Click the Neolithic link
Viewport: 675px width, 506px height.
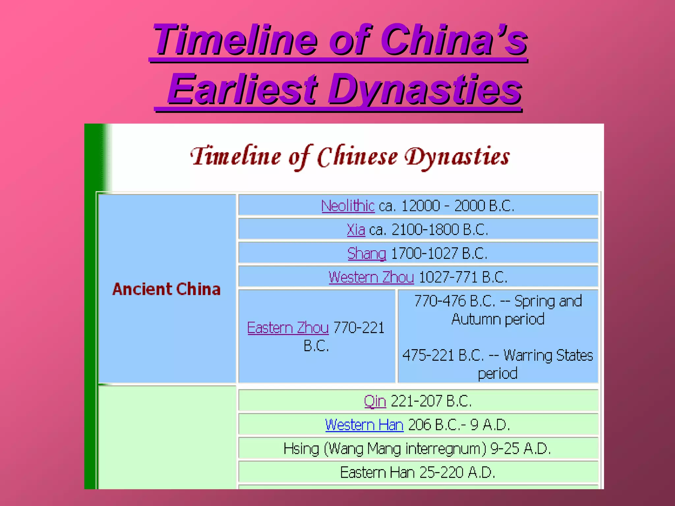pyautogui.click(x=348, y=206)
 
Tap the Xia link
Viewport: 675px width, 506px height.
pyautogui.click(x=356, y=230)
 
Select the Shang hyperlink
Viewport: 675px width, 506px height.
pyautogui.click(x=367, y=254)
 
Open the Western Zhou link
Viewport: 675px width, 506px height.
pyautogui.click(x=371, y=277)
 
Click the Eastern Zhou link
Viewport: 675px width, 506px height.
pyautogui.click(x=288, y=328)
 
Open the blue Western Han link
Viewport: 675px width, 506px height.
pyautogui.click(x=364, y=425)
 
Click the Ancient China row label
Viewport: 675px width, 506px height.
pyautogui.click(x=166, y=289)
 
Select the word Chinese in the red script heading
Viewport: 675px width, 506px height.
pyautogui.click(x=357, y=157)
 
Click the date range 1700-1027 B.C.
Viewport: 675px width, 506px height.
pyautogui.click(x=439, y=254)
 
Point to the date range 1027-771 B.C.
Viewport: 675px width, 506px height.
pyautogui.click(x=463, y=277)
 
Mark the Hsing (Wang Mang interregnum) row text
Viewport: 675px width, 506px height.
pyautogui.click(x=417, y=449)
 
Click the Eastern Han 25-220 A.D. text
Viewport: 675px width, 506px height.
pyautogui.click(x=418, y=473)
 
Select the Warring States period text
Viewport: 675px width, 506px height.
pyautogui.click(x=498, y=364)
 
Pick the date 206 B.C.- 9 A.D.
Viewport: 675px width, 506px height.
pyautogui.click(x=459, y=425)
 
